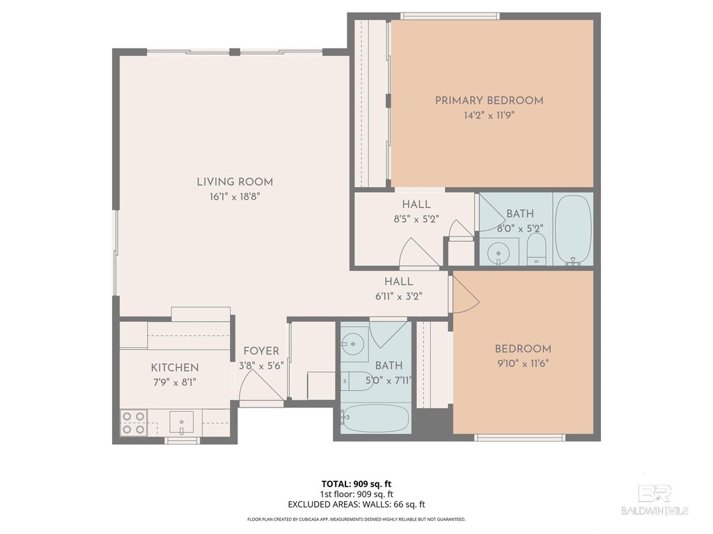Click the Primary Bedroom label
(x=489, y=100)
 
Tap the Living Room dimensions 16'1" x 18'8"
(x=235, y=197)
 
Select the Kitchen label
(x=175, y=367)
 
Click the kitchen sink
(x=182, y=422)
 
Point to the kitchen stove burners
(x=134, y=422)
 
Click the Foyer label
(x=261, y=351)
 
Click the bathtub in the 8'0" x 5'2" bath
(x=574, y=230)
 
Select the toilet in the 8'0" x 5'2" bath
(x=536, y=249)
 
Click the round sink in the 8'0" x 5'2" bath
(x=499, y=252)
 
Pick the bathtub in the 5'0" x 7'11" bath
(x=376, y=418)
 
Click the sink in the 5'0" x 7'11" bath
(x=353, y=344)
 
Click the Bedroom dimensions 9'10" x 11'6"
(x=522, y=364)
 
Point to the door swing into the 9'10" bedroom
(x=464, y=294)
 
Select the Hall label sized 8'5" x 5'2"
(x=416, y=204)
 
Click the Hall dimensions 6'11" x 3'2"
(x=399, y=297)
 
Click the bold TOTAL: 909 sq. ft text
(x=356, y=484)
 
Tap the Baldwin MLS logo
(x=655, y=499)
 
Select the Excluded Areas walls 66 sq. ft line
(x=356, y=505)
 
